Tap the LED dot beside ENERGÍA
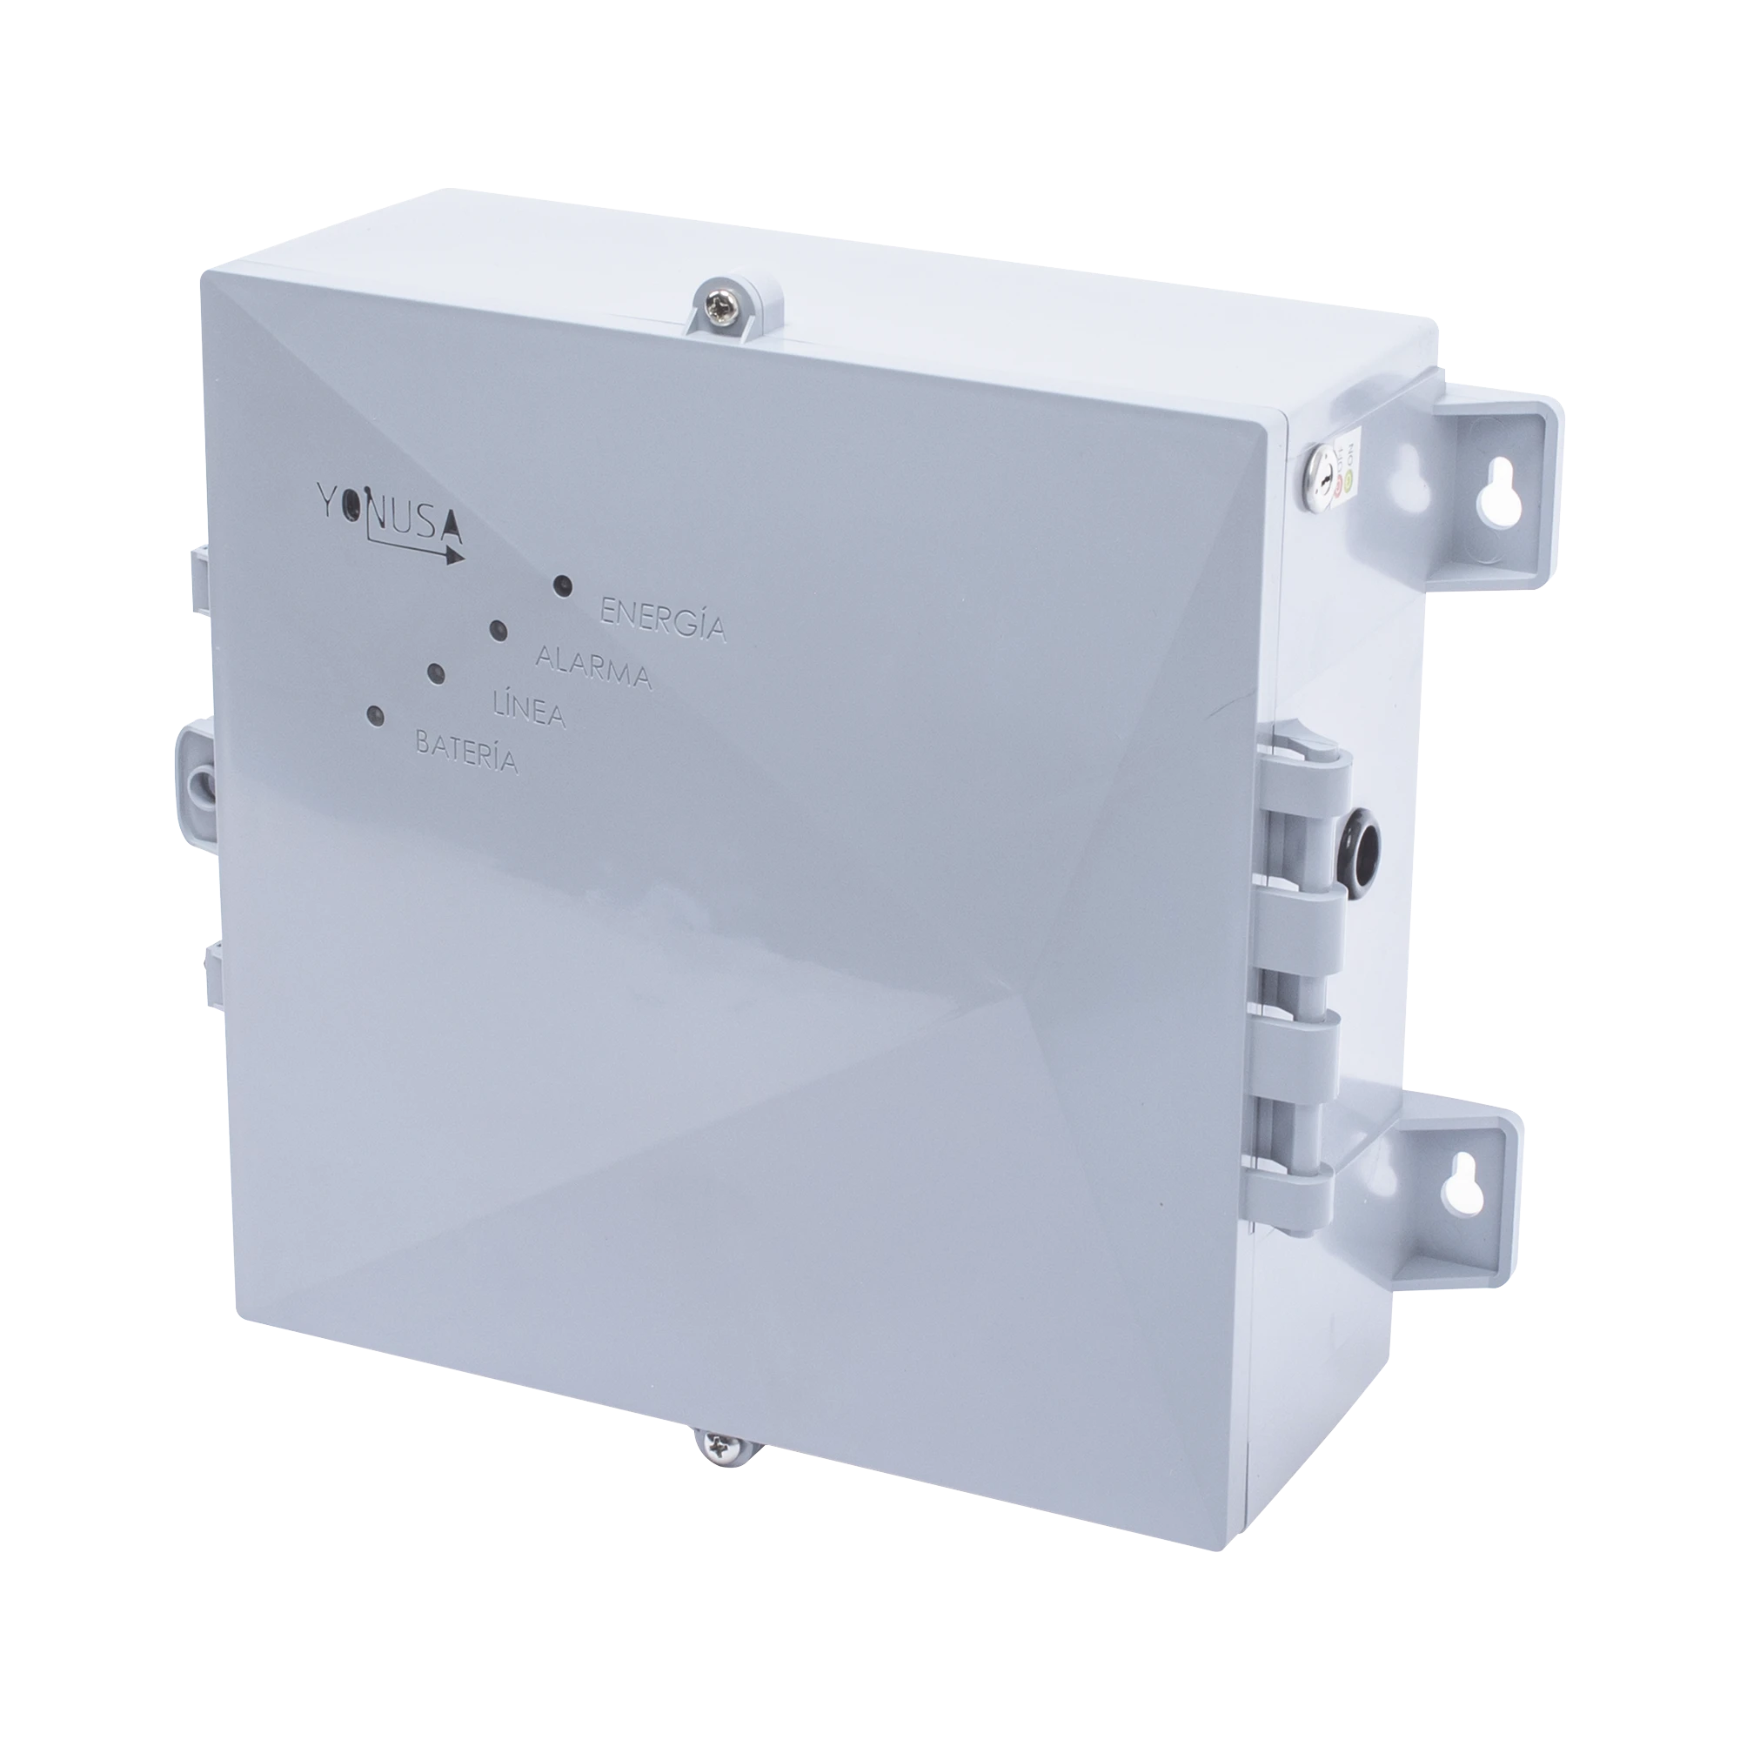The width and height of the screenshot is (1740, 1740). (563, 586)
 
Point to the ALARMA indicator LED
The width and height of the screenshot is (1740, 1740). (497, 630)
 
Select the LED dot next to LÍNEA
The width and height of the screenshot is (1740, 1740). (436, 673)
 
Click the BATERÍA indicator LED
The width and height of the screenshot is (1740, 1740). (374, 717)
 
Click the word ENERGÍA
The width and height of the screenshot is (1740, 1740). (663, 619)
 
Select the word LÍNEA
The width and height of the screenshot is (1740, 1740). (531, 709)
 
